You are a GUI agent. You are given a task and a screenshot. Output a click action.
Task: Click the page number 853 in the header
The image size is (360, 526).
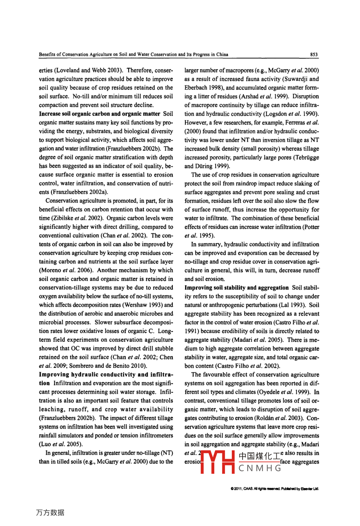pos(314,55)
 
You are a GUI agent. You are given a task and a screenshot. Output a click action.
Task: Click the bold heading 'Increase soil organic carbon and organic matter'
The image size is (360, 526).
pos(100,114)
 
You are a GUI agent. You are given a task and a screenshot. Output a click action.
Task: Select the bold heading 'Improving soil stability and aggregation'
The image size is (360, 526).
pos(237,288)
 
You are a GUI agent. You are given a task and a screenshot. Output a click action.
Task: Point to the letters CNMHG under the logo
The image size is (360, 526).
pos(260,468)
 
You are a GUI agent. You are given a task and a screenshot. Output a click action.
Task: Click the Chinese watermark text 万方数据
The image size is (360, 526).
pos(50,512)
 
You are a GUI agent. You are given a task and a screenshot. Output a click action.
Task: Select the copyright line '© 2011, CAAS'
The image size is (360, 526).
pos(275,489)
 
